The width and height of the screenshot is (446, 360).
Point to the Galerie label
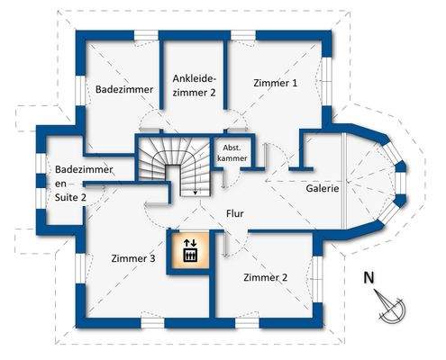(322, 189)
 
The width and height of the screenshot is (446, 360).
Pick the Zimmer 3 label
(133, 258)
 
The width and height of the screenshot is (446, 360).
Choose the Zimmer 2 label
(265, 277)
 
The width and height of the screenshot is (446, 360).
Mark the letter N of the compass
(368, 277)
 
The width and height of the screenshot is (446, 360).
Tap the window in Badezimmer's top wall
(146, 36)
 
